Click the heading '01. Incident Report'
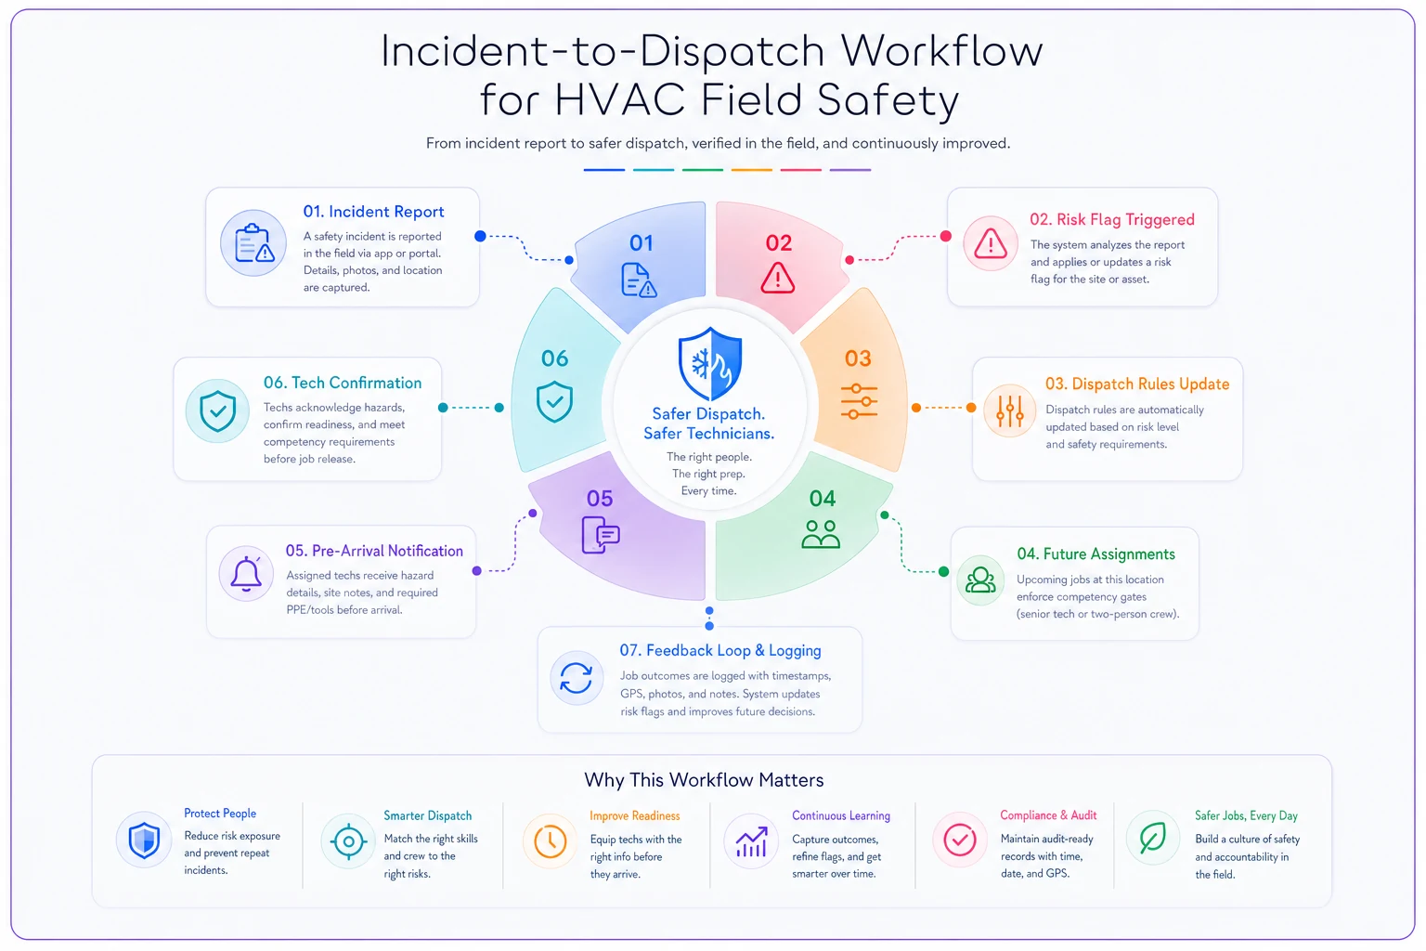click(373, 212)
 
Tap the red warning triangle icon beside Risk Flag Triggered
click(990, 243)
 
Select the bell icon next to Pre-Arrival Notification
click(246, 574)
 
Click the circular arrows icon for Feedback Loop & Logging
click(577, 678)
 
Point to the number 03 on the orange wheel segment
click(858, 358)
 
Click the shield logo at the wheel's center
click(710, 364)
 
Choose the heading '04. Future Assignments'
click(1095, 554)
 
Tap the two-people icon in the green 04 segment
click(821, 534)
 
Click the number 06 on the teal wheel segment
click(554, 358)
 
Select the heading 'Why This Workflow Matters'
click(704, 780)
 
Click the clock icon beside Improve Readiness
click(550, 840)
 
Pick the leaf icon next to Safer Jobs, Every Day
click(1152, 838)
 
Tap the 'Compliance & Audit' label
click(1048, 815)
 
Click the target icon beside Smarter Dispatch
click(348, 841)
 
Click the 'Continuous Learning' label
click(841, 815)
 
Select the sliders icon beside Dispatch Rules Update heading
click(1010, 410)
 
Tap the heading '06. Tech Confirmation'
click(343, 383)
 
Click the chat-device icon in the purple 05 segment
click(601, 535)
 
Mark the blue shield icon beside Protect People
click(144, 840)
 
